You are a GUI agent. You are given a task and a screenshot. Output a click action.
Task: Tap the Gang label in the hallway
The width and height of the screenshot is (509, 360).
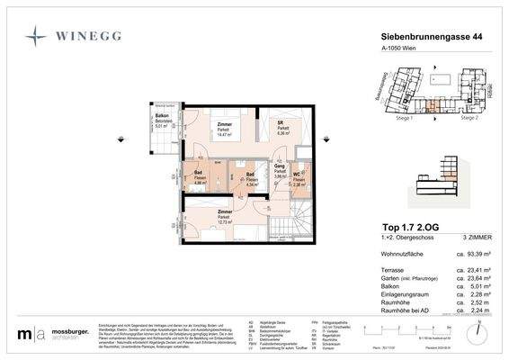tap(279, 166)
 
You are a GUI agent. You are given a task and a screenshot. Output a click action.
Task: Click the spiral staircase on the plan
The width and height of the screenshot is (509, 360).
tap(300, 220)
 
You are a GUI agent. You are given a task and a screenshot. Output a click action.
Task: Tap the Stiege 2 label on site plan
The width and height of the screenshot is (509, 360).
tap(469, 117)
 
